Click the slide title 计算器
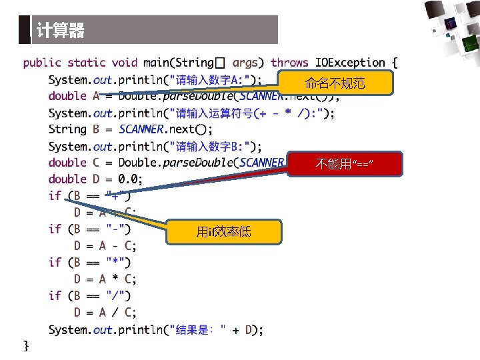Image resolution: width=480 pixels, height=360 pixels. click(61, 31)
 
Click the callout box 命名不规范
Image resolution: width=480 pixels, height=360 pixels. click(335, 83)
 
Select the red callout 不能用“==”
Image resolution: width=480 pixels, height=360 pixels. click(345, 164)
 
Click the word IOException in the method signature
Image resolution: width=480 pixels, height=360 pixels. click(350, 63)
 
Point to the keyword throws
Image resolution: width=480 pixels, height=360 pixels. click(289, 63)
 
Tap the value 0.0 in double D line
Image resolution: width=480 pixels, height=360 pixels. click(128, 179)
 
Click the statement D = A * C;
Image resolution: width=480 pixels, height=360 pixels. click(105, 279)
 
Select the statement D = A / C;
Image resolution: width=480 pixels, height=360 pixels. click(105, 312)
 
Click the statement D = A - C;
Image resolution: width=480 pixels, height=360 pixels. click(105, 246)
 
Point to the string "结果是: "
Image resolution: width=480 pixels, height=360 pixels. click(199, 329)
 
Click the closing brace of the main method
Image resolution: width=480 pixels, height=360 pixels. click(26, 345)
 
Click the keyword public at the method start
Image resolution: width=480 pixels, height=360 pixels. click(42, 63)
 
